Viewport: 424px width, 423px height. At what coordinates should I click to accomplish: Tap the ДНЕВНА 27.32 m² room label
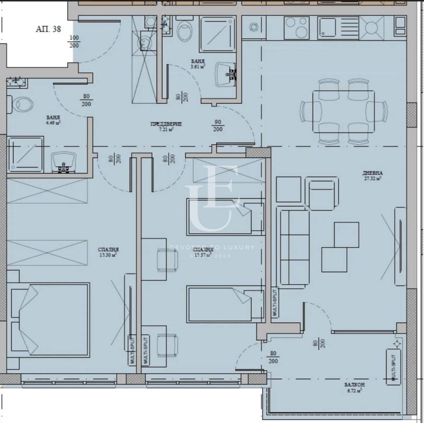[x=373, y=175]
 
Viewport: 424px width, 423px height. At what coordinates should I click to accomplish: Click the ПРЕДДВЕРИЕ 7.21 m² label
[x=166, y=126]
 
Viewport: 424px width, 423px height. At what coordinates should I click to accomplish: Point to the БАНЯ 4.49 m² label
[x=52, y=119]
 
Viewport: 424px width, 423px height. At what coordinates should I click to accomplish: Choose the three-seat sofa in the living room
[x=294, y=246]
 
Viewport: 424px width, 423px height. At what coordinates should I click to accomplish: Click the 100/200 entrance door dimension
[x=75, y=41]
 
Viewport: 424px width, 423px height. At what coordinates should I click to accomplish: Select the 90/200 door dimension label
[x=218, y=125]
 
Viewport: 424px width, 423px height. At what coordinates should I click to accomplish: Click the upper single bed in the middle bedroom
[x=225, y=216]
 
